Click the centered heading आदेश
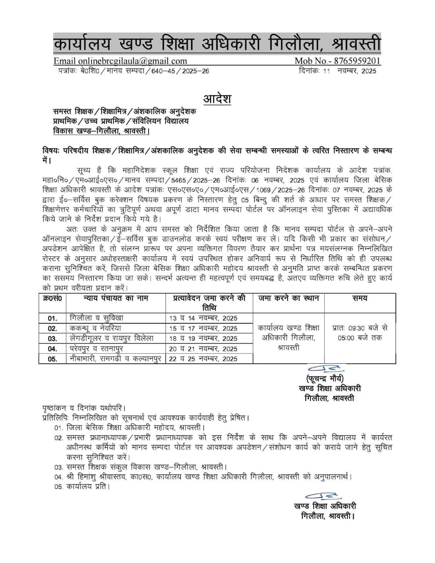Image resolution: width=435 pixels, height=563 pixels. click(217, 98)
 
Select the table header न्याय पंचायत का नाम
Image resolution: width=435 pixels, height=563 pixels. click(116, 298)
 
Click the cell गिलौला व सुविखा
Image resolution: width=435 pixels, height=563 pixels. click(97, 318)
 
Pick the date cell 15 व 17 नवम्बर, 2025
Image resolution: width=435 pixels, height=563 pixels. click(203, 328)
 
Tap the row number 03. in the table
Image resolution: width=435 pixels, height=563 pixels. click(52, 339)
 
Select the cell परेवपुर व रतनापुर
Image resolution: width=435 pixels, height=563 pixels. click(97, 349)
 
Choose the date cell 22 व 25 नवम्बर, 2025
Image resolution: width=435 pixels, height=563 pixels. click(203, 359)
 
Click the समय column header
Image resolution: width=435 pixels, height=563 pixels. click(359, 298)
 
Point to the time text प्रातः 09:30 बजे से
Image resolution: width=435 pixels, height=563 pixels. click(360, 328)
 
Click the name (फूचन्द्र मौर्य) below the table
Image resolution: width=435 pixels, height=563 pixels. click(325, 379)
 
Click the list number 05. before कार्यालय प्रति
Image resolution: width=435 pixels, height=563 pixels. click(59, 487)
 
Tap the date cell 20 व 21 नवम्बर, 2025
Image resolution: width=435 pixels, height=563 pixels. click(203, 349)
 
